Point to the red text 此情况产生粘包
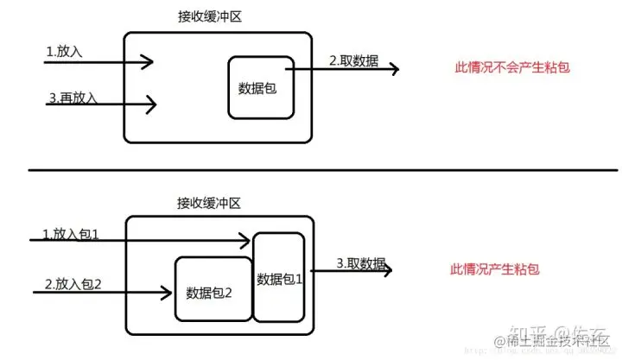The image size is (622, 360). pos(496,269)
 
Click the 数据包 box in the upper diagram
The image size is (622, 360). pos(262,87)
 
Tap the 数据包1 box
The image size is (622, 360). pos(279,278)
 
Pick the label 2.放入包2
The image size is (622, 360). pos(73,283)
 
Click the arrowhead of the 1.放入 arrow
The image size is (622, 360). pos(149,61)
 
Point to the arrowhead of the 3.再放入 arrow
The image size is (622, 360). pos(152,105)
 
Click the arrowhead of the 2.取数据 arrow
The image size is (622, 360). pos(395,68)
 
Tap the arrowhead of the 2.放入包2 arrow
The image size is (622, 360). pos(167,294)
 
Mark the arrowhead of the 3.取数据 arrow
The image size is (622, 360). pos(388,270)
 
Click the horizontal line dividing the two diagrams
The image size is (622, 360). pos(311,170)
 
